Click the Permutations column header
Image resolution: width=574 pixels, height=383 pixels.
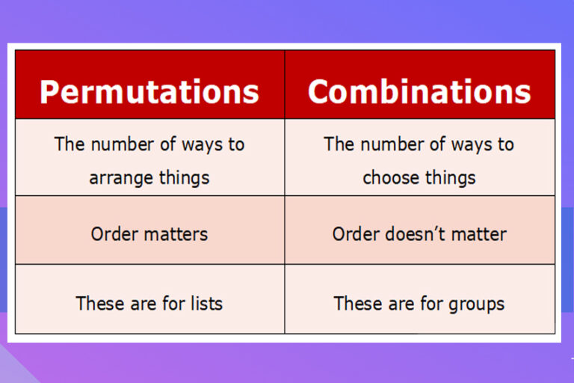149,91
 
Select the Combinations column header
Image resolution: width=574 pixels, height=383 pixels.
419,91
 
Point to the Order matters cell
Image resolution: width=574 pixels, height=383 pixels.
149,234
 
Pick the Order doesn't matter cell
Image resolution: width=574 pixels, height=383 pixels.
419,234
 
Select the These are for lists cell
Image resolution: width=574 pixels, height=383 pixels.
149,303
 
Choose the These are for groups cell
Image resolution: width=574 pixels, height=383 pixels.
419,303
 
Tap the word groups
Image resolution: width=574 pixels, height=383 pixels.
478,304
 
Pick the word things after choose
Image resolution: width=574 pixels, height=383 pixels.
451,178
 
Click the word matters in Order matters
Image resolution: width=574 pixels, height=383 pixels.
176,234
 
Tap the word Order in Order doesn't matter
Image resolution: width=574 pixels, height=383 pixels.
355,234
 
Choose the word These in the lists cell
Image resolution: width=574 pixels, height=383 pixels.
96,303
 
